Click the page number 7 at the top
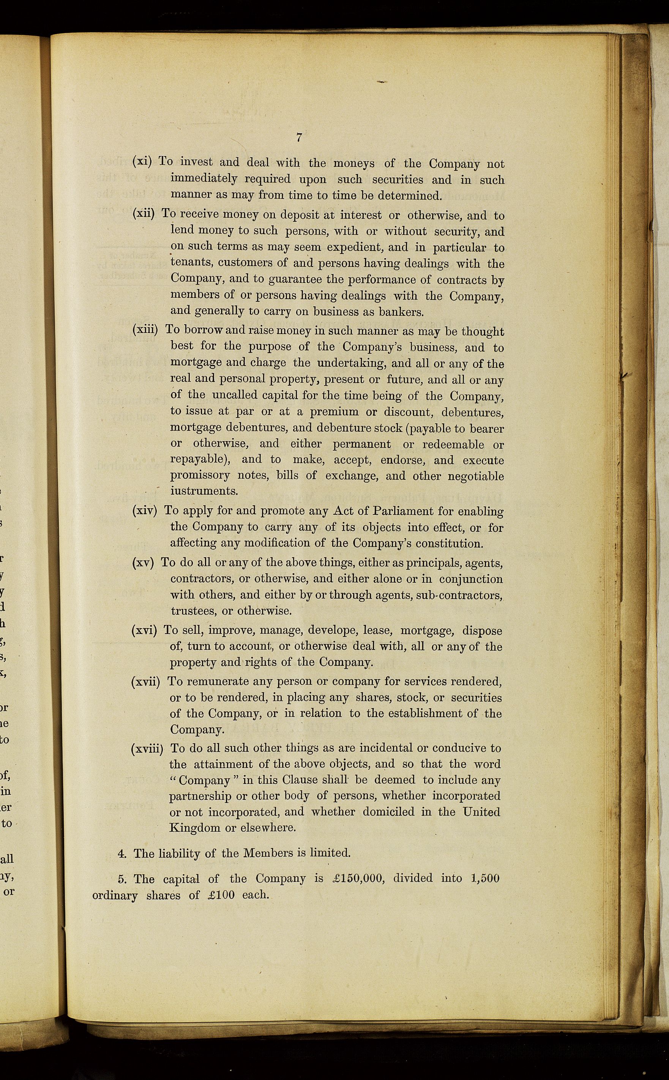[299, 137]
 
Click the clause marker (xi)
[142, 161]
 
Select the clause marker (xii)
[144, 213]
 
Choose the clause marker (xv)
[143, 563]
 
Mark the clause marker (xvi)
[144, 630]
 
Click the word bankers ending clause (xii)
[401, 312]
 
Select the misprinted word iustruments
[204, 491]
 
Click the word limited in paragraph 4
[330, 853]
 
